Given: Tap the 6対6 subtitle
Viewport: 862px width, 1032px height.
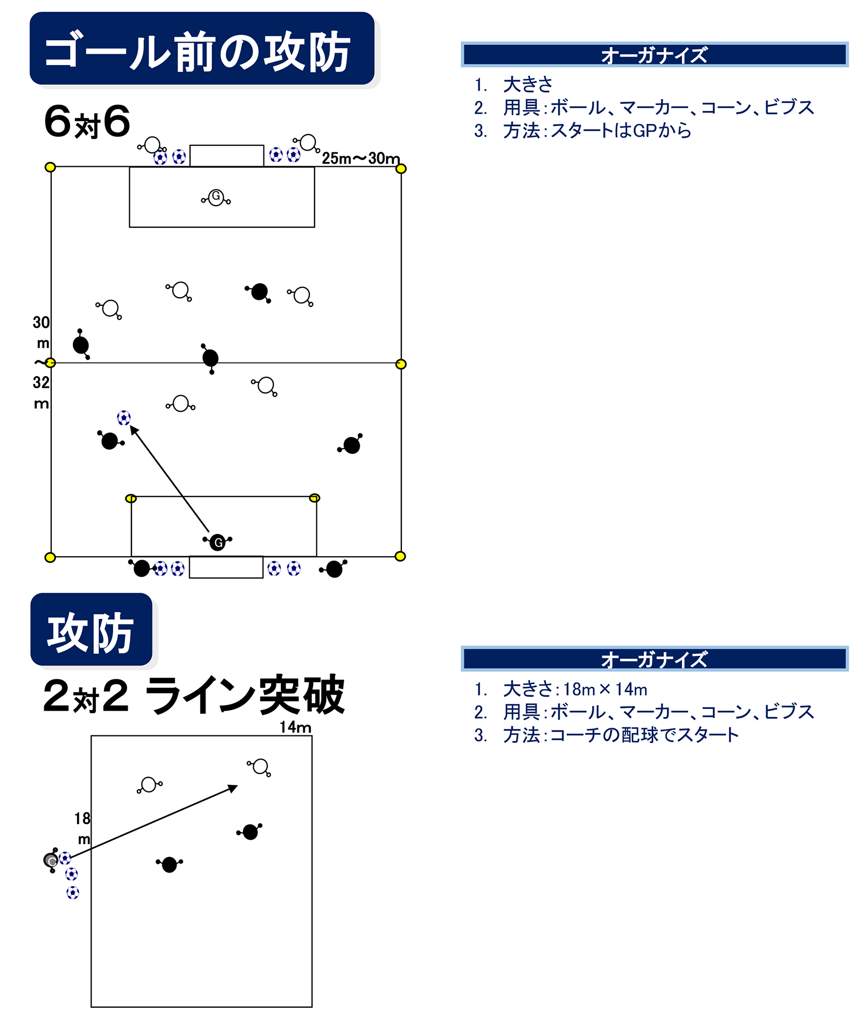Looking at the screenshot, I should tap(87, 122).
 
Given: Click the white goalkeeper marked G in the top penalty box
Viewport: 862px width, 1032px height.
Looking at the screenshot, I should tap(216, 197).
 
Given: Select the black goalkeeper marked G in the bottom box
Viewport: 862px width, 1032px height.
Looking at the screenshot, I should tap(218, 542).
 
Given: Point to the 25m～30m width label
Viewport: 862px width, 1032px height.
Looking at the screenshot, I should tap(360, 158).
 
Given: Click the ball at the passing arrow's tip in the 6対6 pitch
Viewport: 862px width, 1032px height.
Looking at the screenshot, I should tap(124, 418).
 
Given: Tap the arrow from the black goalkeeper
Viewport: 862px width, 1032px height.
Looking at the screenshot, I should tap(169, 478).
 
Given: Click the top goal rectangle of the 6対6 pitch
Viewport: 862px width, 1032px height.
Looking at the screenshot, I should tap(226, 156).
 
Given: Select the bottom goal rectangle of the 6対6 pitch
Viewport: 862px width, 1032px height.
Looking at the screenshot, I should tap(226, 567).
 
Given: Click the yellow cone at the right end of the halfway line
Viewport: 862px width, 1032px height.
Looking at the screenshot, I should tap(401, 364).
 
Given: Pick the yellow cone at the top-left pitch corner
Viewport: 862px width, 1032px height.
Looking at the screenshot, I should tap(50, 167).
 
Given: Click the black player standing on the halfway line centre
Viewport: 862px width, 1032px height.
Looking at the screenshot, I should tap(210, 357).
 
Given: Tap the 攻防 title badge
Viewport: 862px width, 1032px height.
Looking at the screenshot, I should tap(91, 630).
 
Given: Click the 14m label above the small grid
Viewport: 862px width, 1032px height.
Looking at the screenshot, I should tap(295, 727).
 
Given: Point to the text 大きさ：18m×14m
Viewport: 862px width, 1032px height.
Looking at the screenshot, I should tap(575, 689).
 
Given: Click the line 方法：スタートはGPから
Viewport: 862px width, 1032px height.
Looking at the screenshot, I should tap(597, 131).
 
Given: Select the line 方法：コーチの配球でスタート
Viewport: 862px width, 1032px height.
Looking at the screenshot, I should tap(621, 735).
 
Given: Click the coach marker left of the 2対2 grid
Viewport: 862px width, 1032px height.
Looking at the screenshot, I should tap(51, 860).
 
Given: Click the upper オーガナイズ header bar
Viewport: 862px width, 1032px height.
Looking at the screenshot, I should tap(654, 54).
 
